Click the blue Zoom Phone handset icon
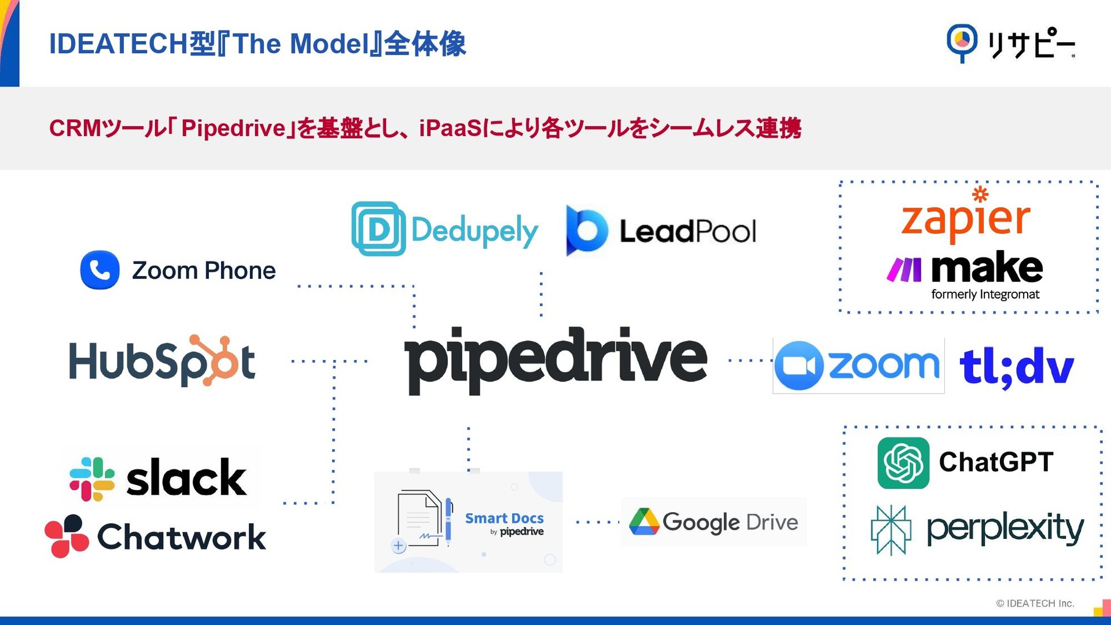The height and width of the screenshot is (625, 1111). [100, 270]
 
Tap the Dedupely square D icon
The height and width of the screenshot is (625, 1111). [378, 229]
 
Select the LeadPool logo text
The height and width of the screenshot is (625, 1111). [687, 231]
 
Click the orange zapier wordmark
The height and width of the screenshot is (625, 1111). [966, 219]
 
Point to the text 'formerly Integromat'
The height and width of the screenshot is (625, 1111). [985, 295]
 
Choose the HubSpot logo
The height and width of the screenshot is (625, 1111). [162, 361]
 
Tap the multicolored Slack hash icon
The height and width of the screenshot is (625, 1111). [92, 479]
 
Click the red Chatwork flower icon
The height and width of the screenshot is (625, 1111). [67, 536]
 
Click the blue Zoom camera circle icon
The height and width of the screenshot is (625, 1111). [799, 366]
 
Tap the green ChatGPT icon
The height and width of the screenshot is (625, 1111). [903, 463]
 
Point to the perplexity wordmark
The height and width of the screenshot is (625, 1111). [1005, 528]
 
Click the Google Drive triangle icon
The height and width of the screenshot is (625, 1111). [644, 522]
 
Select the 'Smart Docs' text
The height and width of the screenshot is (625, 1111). [504, 518]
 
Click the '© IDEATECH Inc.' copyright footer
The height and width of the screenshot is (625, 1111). [1035, 603]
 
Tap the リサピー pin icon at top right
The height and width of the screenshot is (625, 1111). [962, 42]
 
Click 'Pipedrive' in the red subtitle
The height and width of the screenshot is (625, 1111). [234, 128]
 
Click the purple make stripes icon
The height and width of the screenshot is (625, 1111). [904, 270]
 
